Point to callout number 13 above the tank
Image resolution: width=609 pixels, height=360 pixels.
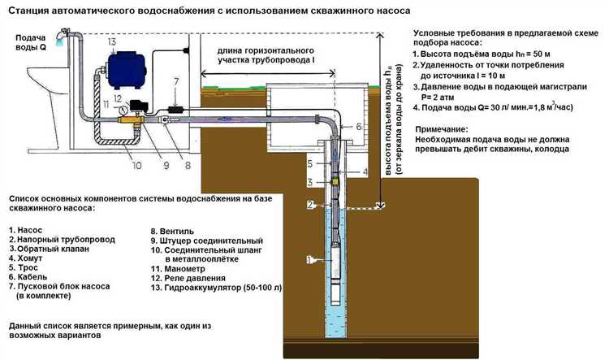111,41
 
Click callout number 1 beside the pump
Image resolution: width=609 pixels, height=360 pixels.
308,260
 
